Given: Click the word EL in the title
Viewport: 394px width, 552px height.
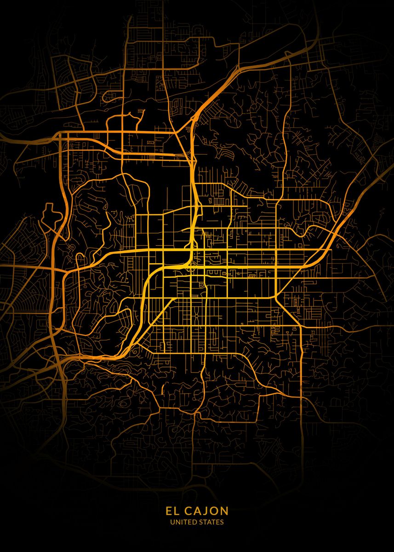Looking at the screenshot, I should pyautogui.click(x=172, y=511).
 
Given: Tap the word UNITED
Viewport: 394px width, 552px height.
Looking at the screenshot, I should pyautogui.click(x=182, y=522).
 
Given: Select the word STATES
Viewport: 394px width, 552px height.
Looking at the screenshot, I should pyautogui.click(x=211, y=522).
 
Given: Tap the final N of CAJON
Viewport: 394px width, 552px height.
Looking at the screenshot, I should pyautogui.click(x=224, y=511).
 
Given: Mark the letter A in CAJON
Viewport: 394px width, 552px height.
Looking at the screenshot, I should pyautogui.click(x=196, y=511).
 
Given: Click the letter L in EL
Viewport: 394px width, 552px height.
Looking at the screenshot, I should pyautogui.click(x=176, y=511).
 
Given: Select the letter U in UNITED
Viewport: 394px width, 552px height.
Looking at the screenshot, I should pyautogui.click(x=172, y=522).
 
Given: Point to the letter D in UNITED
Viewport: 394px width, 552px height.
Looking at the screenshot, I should pyautogui.click(x=192, y=522).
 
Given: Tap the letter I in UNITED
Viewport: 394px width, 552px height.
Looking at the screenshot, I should pyautogui.click(x=181, y=522).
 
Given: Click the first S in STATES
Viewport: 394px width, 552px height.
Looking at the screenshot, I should pyautogui.click(x=200, y=522).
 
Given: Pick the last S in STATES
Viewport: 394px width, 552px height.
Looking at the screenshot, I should pyautogui.click(x=223, y=522).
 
